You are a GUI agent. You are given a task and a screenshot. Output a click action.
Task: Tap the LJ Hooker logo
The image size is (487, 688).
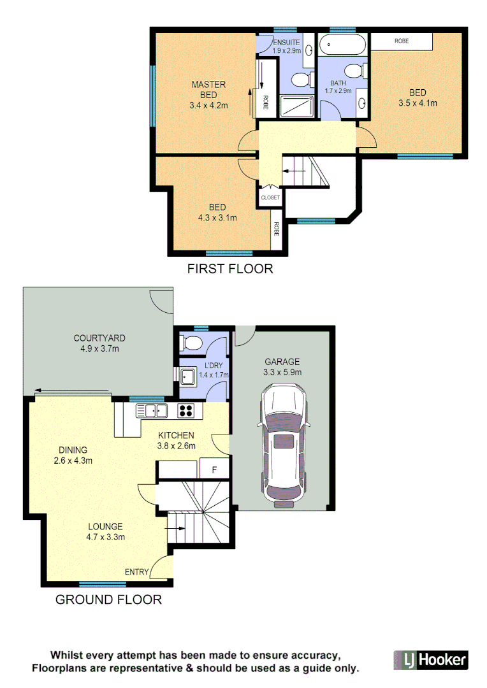[x=430, y=659]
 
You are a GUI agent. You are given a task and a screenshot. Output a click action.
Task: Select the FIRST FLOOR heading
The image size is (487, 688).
[x=229, y=269]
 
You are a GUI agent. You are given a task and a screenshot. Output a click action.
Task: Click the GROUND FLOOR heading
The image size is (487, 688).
[x=108, y=599]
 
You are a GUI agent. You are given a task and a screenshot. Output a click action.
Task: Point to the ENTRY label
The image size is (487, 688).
[x=136, y=572]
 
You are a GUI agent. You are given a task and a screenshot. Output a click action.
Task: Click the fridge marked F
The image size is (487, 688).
[x=214, y=470]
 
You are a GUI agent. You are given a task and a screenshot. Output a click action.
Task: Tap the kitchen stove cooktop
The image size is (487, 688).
[x=185, y=411]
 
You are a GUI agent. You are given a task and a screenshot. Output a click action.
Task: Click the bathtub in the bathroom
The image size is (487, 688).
[x=342, y=45]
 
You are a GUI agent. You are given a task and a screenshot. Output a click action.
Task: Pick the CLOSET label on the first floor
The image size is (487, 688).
[x=270, y=197]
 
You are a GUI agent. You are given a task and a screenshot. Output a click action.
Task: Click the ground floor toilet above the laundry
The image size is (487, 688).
[x=190, y=343]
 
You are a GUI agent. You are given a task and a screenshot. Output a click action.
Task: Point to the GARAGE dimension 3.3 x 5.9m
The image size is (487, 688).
[x=282, y=372]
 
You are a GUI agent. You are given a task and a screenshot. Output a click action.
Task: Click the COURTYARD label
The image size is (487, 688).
[x=99, y=338]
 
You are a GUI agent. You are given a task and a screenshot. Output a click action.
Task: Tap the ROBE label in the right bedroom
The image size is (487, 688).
[x=402, y=41]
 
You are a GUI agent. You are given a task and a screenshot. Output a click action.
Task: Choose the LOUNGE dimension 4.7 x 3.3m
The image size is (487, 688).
[x=105, y=537]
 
